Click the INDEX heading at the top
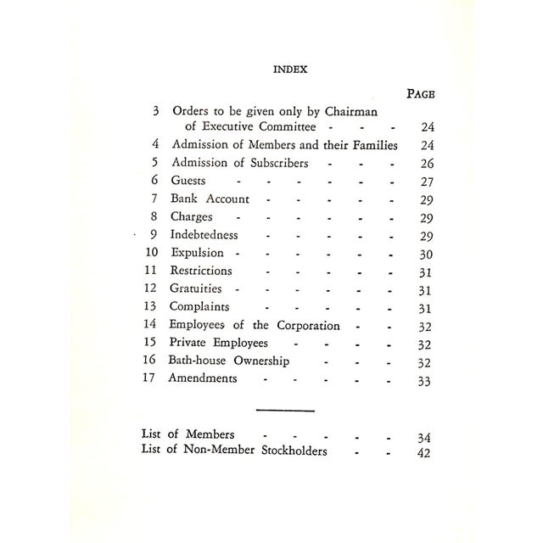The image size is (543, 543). tap(289, 70)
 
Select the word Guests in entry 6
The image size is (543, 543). tap(188, 181)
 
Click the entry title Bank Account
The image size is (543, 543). tap(210, 199)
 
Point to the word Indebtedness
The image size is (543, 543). tap(204, 235)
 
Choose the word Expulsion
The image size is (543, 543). tap(197, 253)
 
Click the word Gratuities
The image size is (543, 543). tap(197, 289)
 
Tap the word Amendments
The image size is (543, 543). tap(204, 379)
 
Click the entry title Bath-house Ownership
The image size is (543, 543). tap(229, 361)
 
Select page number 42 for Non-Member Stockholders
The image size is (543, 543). tap(425, 452)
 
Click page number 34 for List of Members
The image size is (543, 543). tap(425, 436)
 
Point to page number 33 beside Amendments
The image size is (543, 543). tap(425, 381)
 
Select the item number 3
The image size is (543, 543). tap(155, 111)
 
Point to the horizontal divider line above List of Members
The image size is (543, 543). tap(285, 411)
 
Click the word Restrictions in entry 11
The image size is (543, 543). tap(201, 271)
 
